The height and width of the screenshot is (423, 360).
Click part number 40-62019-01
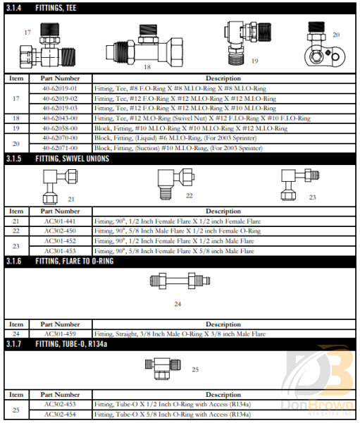[x=60, y=89]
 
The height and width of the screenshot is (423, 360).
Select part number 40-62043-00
[x=60, y=119]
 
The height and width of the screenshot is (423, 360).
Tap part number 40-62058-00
[x=60, y=129]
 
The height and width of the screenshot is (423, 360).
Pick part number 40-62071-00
[x=60, y=149]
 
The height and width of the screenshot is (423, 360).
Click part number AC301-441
[x=60, y=221]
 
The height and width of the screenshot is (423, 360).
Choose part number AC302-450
[x=60, y=231]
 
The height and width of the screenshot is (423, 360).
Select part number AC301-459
[x=60, y=333]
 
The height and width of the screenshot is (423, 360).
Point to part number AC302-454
[x=60, y=414]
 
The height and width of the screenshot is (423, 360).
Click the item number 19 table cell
[x=16, y=129]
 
